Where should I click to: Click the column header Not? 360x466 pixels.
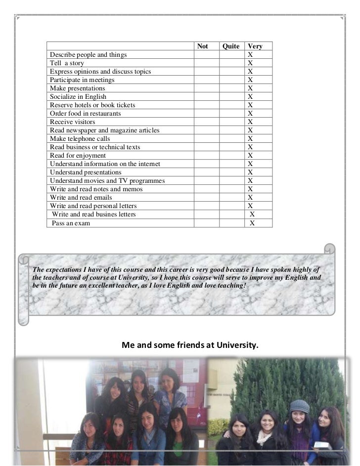tap(203, 46)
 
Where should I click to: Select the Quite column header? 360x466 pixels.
tap(231, 46)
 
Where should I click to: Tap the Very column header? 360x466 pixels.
tap(255, 46)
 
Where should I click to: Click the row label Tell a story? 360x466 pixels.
tap(67, 63)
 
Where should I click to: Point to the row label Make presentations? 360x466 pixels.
tap(77, 88)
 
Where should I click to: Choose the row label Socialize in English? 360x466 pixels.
tap(78, 97)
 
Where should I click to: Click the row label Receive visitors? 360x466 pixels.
tap(72, 122)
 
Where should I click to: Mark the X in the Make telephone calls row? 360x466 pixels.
tap(251, 139)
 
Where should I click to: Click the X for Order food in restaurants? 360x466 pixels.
tap(251, 114)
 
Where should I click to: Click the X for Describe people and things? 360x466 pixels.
tap(251, 55)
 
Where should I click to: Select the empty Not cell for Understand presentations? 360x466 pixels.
tap(206, 172)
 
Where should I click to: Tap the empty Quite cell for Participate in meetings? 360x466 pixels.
tap(232, 80)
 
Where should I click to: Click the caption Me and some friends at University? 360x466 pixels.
tap(190, 345)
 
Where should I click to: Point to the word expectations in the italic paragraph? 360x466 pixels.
tap(62, 269)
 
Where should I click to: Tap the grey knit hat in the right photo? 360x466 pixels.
tap(299, 407)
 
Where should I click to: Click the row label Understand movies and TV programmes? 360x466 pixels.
tap(107, 181)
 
